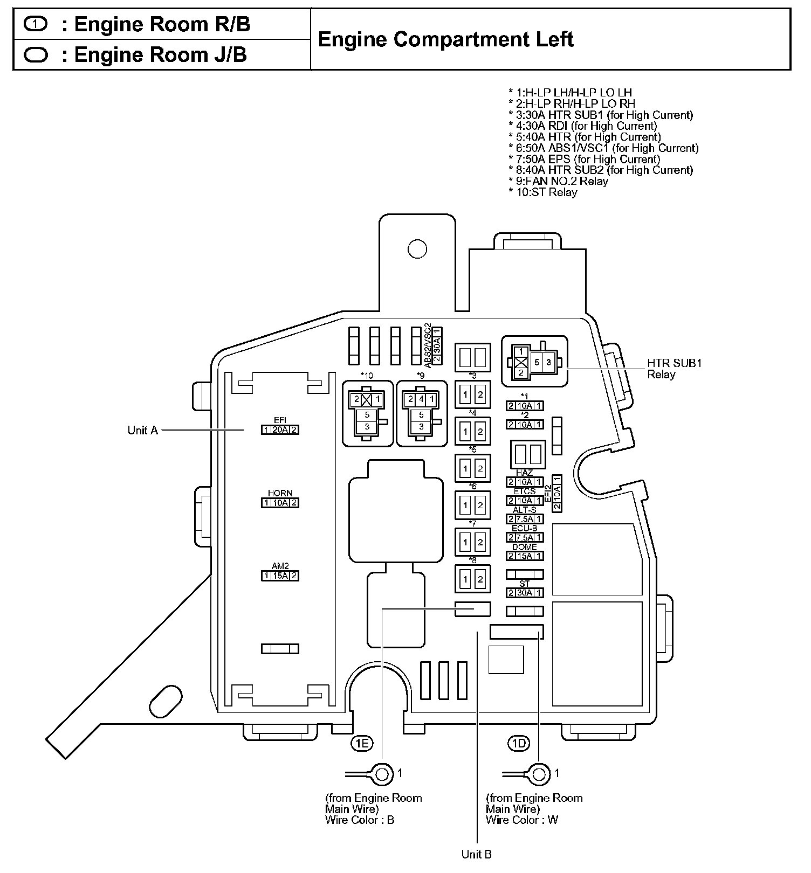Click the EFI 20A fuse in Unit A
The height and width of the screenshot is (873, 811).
[280, 429]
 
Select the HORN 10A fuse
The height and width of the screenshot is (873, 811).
[280, 503]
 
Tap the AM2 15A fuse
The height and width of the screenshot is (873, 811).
[280, 576]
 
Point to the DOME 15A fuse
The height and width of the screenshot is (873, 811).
[525, 556]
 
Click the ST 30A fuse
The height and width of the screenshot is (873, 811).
[525, 593]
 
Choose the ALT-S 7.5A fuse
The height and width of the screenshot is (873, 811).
[525, 519]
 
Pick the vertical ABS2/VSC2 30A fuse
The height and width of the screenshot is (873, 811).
[437, 345]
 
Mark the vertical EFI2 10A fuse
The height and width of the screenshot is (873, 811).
[558, 493]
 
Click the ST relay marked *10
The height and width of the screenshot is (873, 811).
[367, 413]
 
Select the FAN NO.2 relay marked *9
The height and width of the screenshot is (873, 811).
[421, 413]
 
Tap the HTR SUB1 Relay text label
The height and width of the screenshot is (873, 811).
[674, 369]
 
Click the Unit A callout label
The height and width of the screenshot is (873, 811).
[142, 430]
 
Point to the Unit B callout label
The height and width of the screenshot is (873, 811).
[476, 854]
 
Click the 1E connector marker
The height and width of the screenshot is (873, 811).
[362, 744]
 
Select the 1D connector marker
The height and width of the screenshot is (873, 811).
[519, 744]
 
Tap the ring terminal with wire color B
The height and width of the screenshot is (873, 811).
[382, 774]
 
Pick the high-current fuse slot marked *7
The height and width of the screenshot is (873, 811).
[472, 542]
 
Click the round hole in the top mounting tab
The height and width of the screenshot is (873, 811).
[417, 248]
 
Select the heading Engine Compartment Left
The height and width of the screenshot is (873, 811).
[445, 39]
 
